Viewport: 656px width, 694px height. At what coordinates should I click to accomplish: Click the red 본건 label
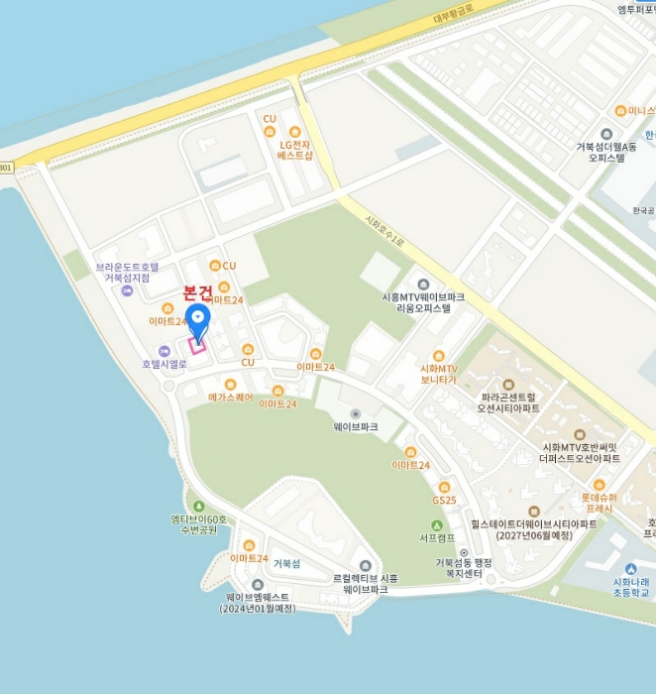click(x=198, y=292)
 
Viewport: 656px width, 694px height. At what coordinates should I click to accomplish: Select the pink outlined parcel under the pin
click(x=196, y=345)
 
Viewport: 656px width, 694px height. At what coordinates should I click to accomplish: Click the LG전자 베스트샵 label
click(x=294, y=150)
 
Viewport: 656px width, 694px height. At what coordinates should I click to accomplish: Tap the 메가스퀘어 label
click(x=230, y=397)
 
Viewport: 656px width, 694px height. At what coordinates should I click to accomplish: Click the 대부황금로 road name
click(x=454, y=16)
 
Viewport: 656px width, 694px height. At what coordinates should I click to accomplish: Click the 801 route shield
click(x=6, y=167)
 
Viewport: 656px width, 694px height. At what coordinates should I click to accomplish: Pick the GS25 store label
click(x=444, y=500)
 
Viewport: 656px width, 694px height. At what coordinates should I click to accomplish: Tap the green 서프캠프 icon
click(x=436, y=525)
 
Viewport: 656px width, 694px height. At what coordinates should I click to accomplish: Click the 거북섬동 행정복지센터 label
click(x=464, y=569)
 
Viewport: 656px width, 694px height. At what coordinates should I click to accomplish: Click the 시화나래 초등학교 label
click(x=630, y=587)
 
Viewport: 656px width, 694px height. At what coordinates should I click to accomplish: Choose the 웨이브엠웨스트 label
click(x=258, y=602)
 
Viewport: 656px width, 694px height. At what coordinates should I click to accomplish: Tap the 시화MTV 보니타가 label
click(x=438, y=373)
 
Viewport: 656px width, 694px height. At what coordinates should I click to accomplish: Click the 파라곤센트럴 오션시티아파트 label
click(x=508, y=402)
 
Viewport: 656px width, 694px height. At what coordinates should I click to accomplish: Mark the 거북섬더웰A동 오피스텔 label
click(x=606, y=152)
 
